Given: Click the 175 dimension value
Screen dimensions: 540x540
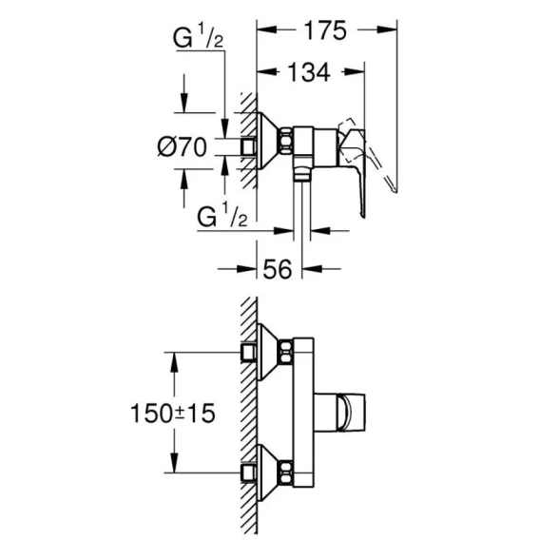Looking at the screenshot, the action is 325,30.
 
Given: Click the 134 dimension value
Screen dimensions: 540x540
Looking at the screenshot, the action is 309,72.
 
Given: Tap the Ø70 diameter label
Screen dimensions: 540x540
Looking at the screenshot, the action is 183,147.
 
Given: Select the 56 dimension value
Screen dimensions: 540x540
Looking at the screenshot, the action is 278,269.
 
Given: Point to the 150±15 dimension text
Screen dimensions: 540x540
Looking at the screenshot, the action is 173,413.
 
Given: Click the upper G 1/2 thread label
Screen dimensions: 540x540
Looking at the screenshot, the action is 198,38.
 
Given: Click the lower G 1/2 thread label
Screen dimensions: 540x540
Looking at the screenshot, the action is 222,216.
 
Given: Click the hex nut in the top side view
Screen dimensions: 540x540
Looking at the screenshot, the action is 286,142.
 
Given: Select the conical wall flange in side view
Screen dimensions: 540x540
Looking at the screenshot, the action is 269,142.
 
